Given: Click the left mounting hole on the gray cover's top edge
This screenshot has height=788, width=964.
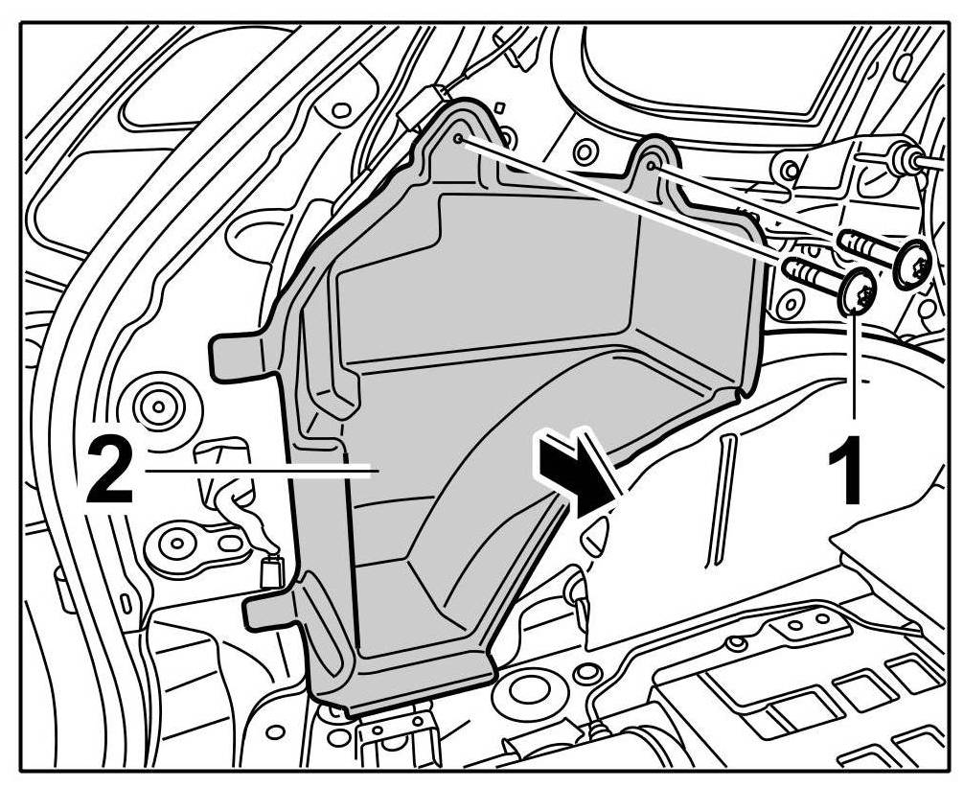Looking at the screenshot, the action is (459, 140).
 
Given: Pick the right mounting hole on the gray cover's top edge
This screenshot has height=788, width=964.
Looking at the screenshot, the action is (652, 165).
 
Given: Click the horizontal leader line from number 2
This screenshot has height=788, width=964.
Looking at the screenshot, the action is (259, 470).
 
